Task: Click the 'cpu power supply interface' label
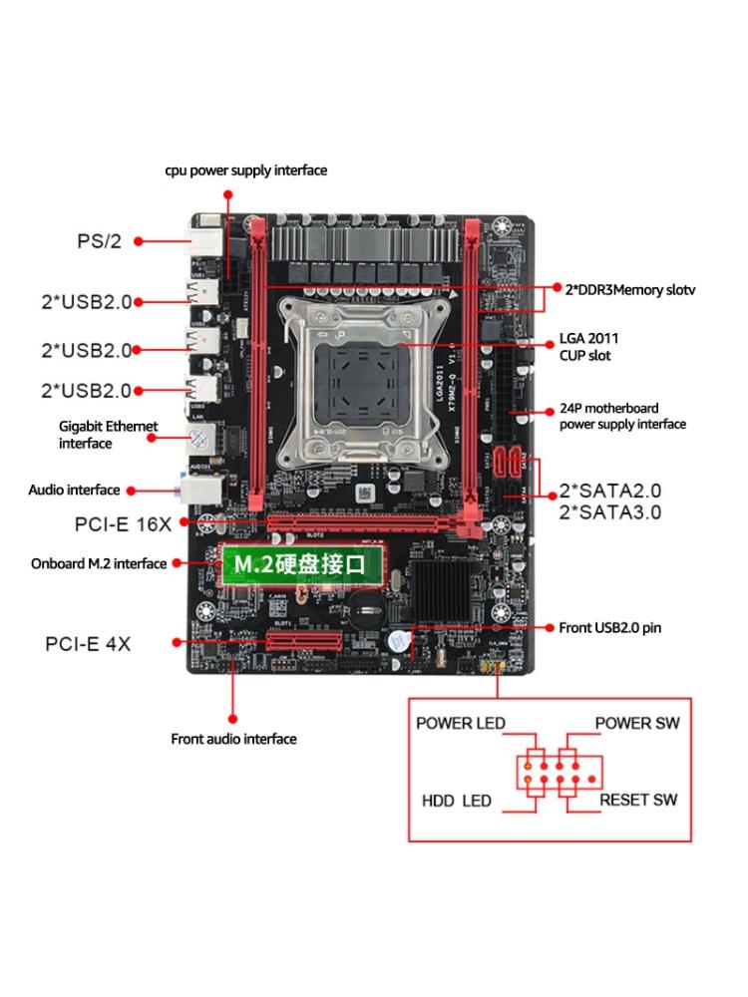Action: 245,170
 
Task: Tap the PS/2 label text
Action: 99,241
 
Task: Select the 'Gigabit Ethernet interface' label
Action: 108,435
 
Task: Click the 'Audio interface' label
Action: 74,490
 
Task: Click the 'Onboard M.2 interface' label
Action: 99,563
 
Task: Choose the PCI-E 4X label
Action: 88,643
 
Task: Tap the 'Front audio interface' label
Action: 233,739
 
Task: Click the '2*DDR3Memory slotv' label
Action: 629,290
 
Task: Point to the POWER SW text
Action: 636,723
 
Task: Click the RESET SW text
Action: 638,800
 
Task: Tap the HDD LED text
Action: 457,801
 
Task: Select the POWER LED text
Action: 461,723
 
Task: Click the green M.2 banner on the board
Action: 301,564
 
